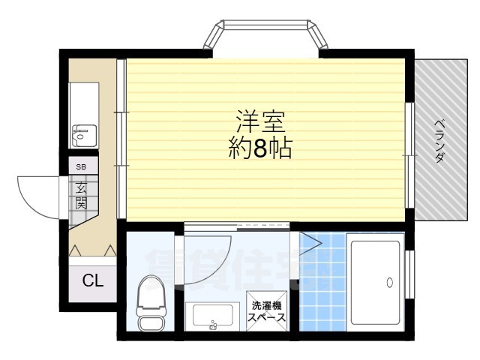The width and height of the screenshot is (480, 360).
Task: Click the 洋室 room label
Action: pos(259,121)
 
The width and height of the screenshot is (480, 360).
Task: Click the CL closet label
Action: pos(92,281)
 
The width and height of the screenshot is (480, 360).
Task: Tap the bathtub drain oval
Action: pos(389,283)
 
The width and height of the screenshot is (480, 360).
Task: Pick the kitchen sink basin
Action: pos(80,136)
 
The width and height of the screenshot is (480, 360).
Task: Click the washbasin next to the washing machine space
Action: pos(214,316)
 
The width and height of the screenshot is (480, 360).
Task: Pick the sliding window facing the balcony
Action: pos(409,154)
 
